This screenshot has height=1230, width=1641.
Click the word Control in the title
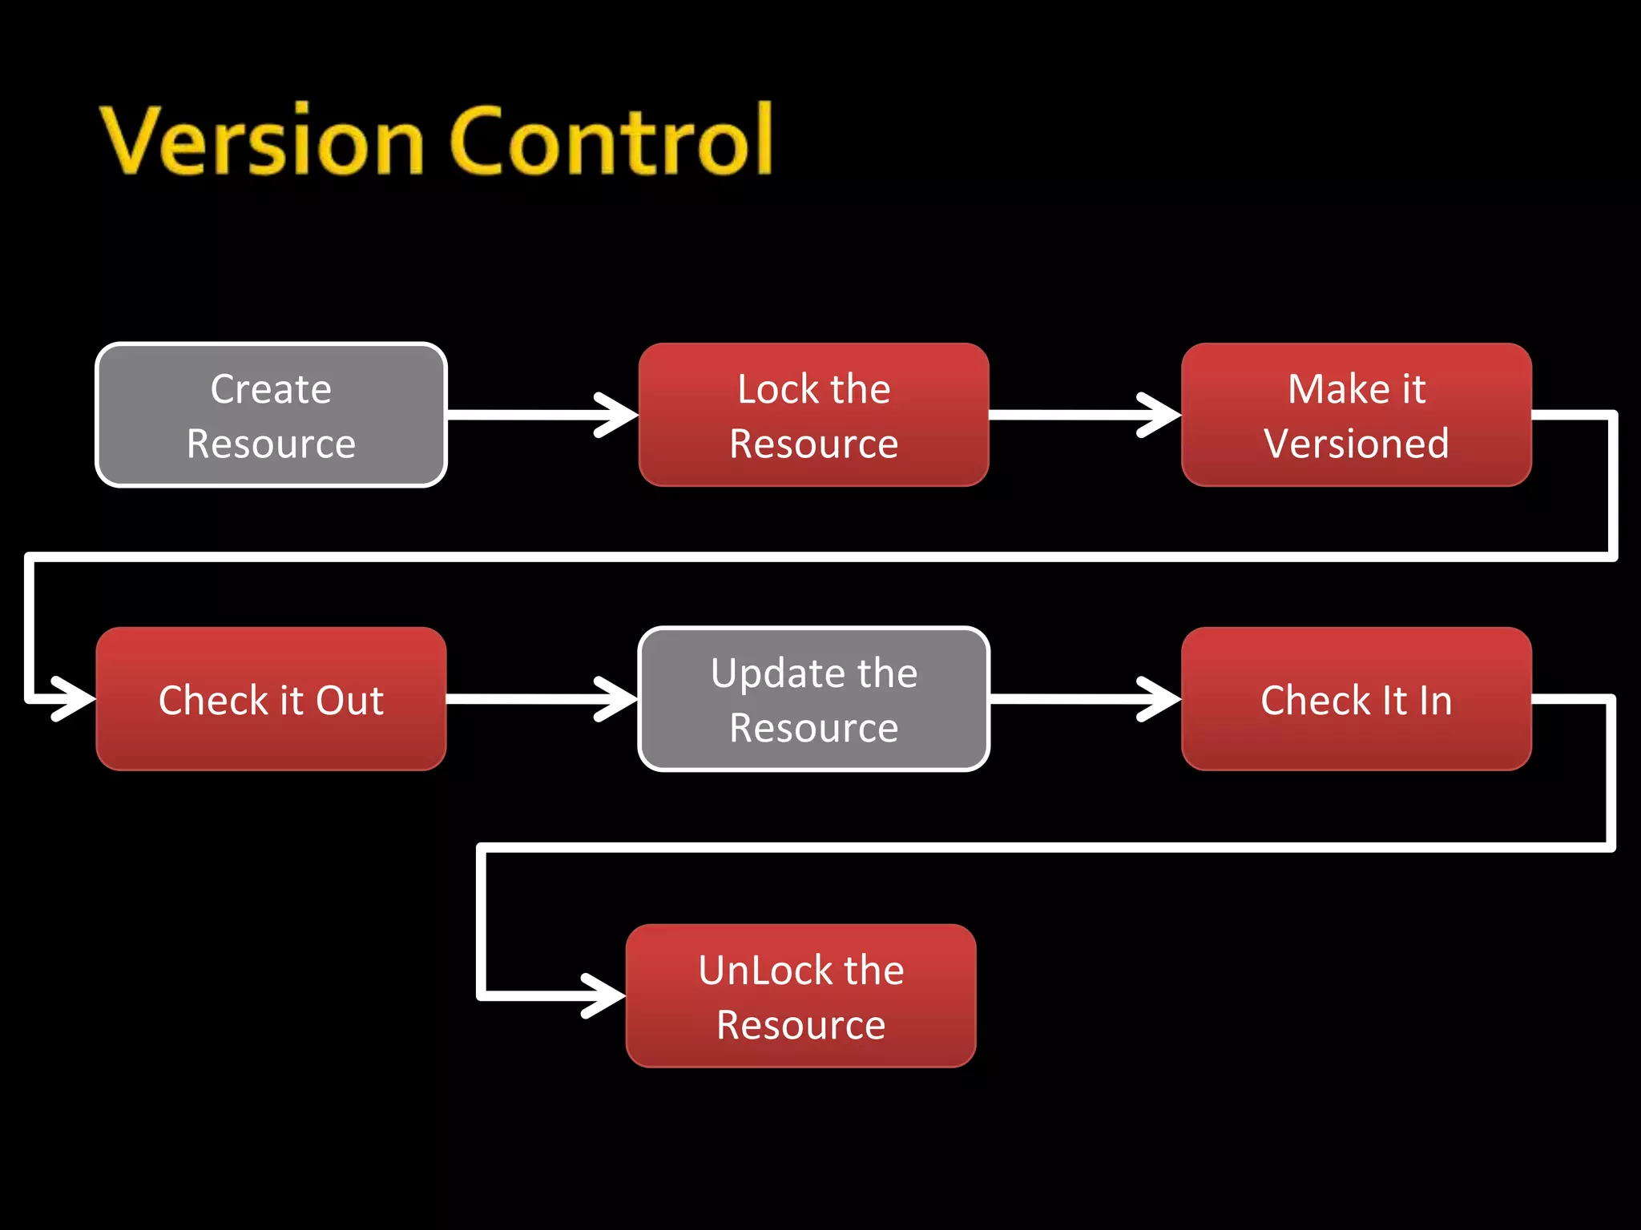[612, 142]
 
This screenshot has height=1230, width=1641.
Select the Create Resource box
[271, 415]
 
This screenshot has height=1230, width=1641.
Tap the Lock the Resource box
[813, 415]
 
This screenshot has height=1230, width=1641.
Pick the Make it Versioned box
[1356, 415]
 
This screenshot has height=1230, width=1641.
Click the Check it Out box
[271, 699]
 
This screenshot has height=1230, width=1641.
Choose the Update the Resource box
[813, 699]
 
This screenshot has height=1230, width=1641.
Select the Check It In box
[1356, 699]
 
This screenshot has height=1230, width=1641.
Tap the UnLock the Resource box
[800, 995]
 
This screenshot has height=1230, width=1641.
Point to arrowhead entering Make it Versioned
[1163, 415]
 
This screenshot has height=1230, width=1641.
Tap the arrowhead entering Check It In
[1163, 699]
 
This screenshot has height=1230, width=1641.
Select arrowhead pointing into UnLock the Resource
[607, 995]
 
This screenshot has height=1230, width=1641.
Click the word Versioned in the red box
[1356, 444]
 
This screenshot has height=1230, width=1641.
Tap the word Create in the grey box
[271, 389]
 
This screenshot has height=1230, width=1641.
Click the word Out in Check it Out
[350, 701]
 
